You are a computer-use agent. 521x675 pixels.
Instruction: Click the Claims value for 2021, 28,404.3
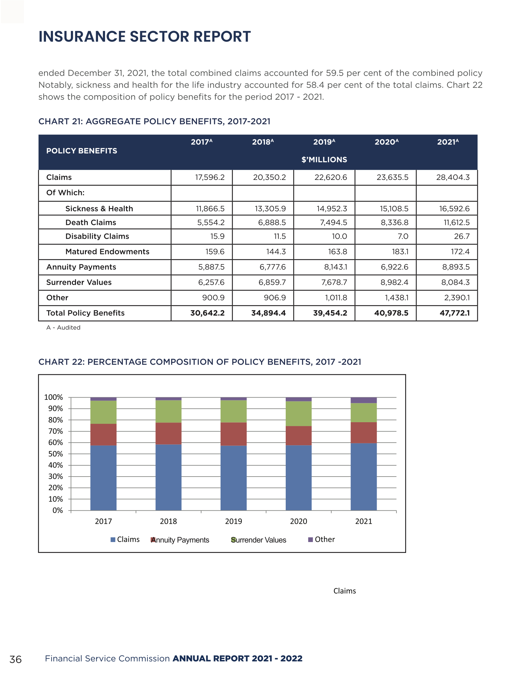point(453,177)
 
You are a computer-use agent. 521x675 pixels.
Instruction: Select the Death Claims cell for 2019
point(333,222)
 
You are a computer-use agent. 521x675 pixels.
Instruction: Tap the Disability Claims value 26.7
point(462,236)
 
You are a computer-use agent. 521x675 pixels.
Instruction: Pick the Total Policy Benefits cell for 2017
point(207,313)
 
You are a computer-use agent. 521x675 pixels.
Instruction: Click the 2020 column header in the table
point(386,142)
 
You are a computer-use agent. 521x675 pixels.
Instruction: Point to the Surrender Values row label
point(79,282)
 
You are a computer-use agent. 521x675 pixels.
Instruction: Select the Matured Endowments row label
point(107,252)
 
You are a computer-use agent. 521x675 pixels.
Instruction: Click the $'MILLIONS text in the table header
point(324,159)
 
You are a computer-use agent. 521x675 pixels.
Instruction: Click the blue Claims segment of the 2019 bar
point(233,478)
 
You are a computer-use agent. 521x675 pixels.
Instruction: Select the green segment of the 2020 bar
point(298,414)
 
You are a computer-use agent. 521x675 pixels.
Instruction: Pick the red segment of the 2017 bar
point(103,434)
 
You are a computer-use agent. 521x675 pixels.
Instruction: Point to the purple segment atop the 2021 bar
point(364,400)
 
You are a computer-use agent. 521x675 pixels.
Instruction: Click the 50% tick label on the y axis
point(55,454)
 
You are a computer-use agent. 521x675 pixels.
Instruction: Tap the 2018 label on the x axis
point(168,521)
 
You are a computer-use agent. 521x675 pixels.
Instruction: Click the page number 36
point(15,659)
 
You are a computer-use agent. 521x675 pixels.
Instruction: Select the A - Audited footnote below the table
point(63,328)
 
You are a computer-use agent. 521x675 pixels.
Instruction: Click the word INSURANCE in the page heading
point(82,36)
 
